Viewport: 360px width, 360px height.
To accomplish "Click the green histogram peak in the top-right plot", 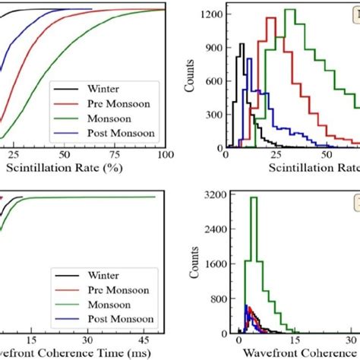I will point(289,10).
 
